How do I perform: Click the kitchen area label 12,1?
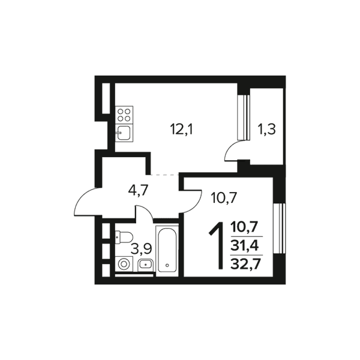point(182,130)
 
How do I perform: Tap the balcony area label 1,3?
point(267,130)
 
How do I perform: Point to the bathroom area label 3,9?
point(141,248)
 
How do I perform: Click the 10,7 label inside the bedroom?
point(224,199)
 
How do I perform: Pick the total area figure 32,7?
point(245,264)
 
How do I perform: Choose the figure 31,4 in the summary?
point(245,246)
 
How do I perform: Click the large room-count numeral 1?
point(217,245)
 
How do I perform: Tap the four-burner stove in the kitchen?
point(124,115)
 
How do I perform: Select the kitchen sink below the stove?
point(124,133)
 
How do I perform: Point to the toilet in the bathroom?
point(124,237)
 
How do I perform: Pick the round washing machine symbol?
point(124,264)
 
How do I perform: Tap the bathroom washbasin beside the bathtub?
point(146,265)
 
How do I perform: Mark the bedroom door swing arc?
point(197,205)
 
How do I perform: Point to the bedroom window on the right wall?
point(279,228)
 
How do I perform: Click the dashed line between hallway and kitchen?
point(164,175)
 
